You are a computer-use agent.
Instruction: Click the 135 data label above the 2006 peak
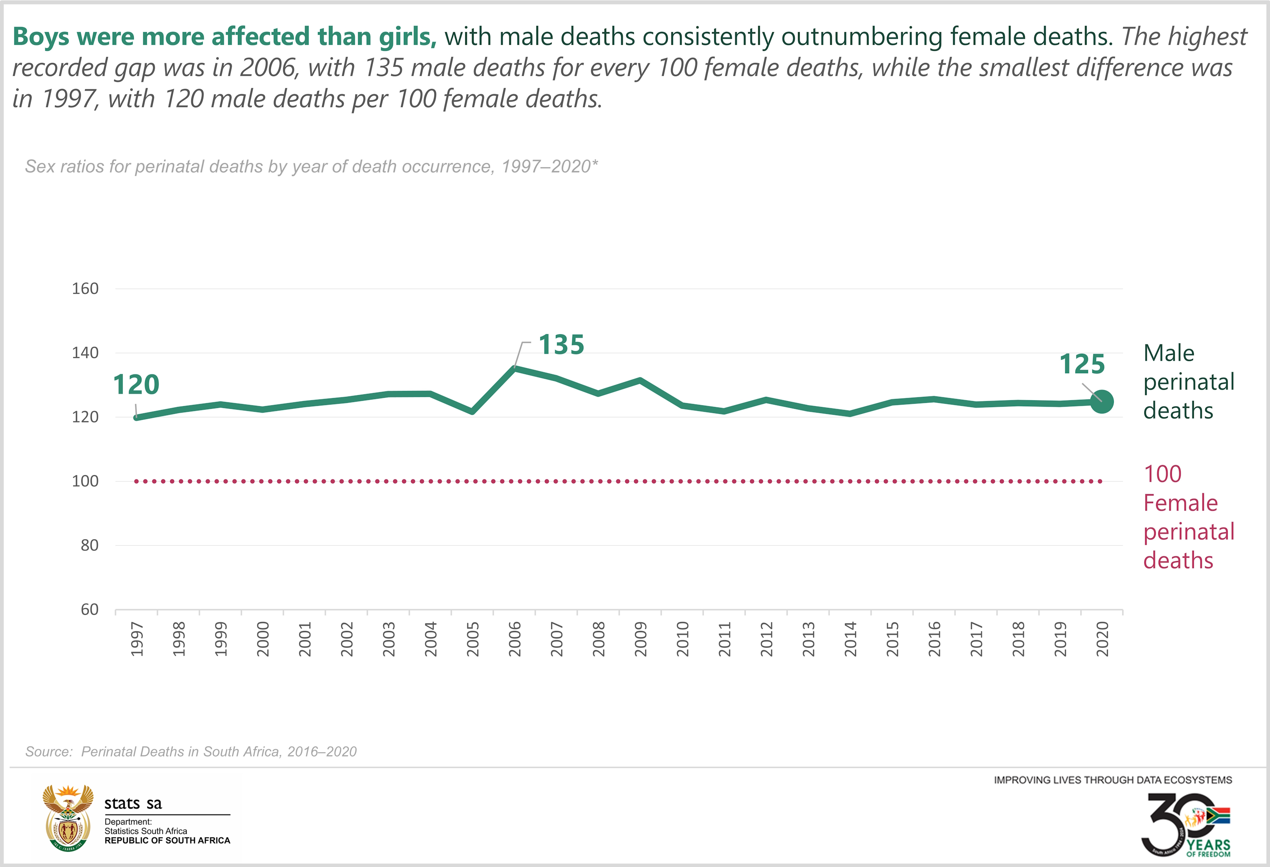coord(561,345)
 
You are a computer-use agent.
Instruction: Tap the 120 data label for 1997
coord(136,385)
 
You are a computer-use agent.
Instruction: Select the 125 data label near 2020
coord(1082,364)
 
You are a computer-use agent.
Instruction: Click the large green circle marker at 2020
coord(1102,402)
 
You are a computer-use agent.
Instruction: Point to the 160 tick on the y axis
coord(85,289)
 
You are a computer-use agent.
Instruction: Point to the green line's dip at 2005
coord(472,411)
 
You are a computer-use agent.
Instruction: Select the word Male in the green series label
coord(1169,353)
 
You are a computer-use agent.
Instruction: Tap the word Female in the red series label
coord(1180,503)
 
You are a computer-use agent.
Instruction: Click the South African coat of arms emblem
coord(68,817)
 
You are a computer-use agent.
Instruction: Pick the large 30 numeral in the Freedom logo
coord(1169,822)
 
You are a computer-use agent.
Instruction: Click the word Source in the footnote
coord(49,752)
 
